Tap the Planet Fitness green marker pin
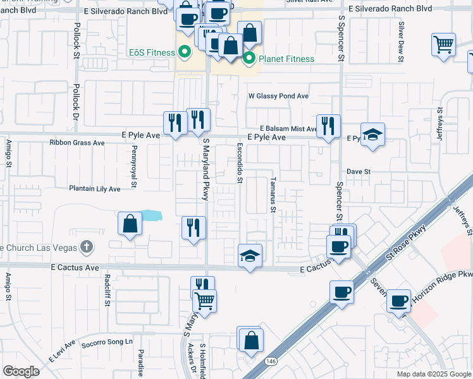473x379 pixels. point(249,59)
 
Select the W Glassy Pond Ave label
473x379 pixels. point(278,96)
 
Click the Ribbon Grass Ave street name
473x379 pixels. point(77,143)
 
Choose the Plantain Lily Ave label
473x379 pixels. point(95,189)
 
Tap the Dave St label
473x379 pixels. point(358,171)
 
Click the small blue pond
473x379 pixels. point(151,215)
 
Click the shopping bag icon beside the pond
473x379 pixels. point(130,223)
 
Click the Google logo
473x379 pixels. point(21,371)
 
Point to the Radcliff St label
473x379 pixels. point(107,291)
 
